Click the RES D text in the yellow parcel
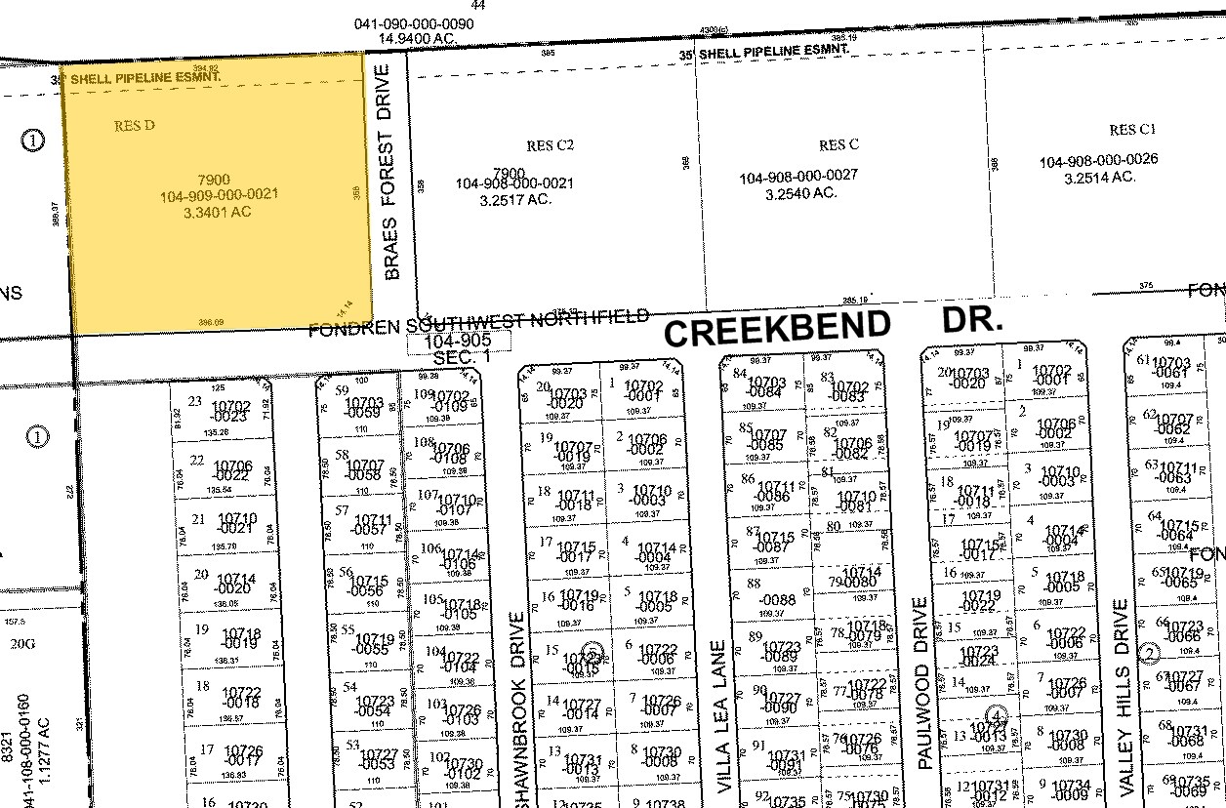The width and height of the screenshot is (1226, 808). point(135,126)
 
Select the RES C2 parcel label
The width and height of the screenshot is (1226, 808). point(550,145)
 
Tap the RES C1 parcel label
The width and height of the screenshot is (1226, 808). point(1132,130)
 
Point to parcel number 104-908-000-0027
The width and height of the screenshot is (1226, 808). point(797,177)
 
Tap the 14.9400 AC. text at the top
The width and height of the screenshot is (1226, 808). point(420,37)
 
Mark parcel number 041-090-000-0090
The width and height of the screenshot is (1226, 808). point(415,22)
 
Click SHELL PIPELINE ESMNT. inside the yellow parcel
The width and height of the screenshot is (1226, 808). point(145,75)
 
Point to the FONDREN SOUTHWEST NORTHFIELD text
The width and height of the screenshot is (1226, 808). point(478,322)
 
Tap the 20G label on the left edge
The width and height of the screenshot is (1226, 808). point(22,643)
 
